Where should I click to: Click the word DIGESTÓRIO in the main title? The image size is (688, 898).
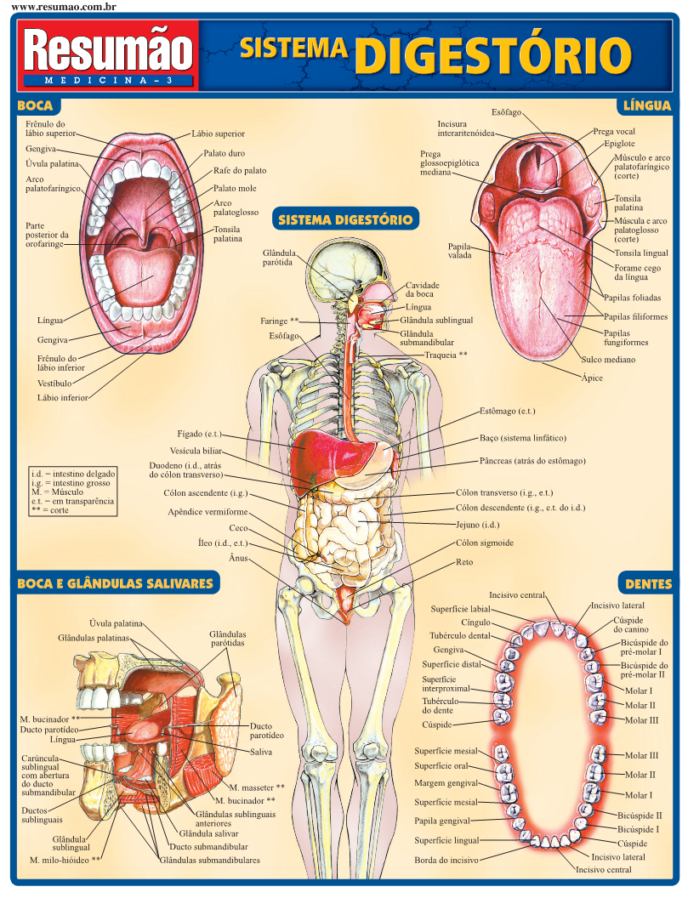click(x=493, y=54)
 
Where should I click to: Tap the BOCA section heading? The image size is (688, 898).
click(x=35, y=106)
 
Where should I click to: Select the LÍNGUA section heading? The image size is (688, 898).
click(x=647, y=106)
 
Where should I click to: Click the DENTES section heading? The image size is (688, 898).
click(x=648, y=584)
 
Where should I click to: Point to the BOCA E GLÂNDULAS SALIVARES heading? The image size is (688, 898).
click(x=115, y=584)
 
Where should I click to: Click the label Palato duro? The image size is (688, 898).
click(x=224, y=154)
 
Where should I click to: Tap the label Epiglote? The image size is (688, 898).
click(x=619, y=144)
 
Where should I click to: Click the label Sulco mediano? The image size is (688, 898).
click(x=608, y=360)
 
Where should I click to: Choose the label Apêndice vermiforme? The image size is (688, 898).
click(x=208, y=512)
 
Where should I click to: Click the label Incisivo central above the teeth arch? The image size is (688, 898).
click(x=517, y=595)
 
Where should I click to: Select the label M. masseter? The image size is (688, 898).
click(x=257, y=787)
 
